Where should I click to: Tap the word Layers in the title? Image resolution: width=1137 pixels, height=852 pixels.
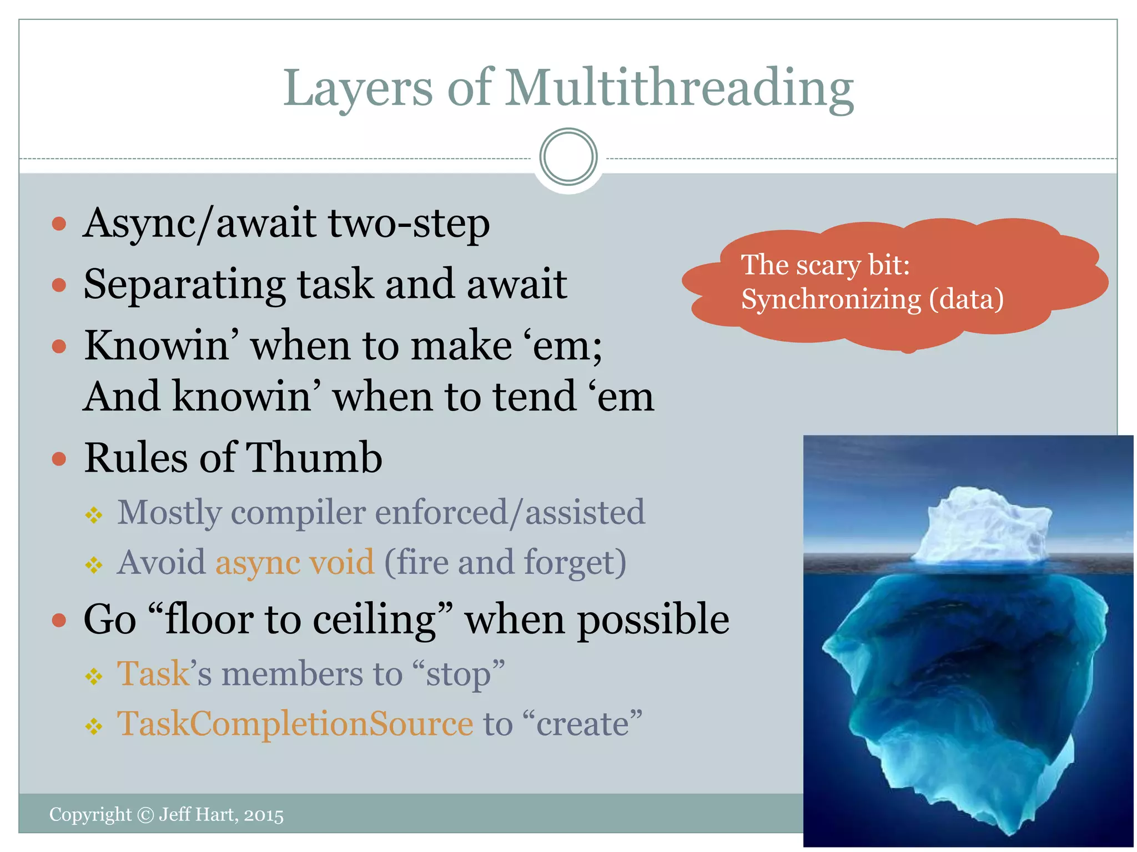pos(357,89)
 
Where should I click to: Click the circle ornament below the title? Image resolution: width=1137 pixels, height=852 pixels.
pos(568,157)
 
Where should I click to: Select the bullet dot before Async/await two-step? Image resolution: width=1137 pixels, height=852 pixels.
pos(59,224)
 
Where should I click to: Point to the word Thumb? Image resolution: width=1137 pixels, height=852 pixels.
pos(314,458)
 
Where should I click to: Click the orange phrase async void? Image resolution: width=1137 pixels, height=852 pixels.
pos(295,562)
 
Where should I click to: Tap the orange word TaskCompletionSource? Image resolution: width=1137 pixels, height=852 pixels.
pos(295,723)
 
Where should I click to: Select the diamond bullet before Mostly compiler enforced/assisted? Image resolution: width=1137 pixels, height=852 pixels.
pos(94,516)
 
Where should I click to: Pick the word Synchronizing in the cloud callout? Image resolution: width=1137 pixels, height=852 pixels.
pos(831,300)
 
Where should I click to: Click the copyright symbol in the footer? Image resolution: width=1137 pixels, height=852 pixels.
pos(145,815)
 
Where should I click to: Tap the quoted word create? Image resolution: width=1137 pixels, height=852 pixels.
pos(582,724)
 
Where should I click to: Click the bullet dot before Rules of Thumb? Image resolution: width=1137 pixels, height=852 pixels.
pos(59,459)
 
